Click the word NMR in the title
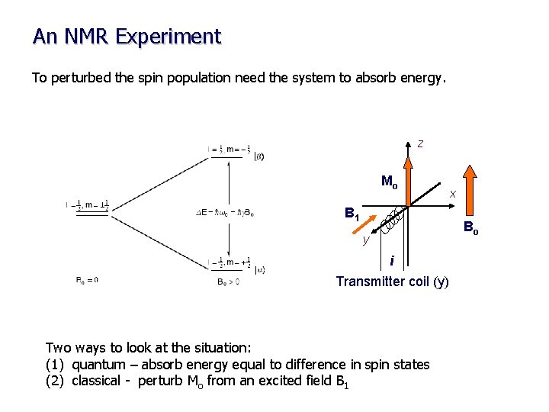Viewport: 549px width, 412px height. pyautogui.click(x=95, y=36)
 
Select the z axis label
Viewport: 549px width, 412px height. pyautogui.click(x=420, y=143)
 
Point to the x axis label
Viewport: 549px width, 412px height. pyautogui.click(x=452, y=195)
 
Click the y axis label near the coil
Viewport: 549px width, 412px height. pyautogui.click(x=365, y=240)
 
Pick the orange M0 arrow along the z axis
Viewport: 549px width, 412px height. pyautogui.click(x=409, y=175)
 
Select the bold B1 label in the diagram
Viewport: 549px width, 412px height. pyautogui.click(x=352, y=214)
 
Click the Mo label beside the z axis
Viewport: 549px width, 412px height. pyautogui.click(x=389, y=182)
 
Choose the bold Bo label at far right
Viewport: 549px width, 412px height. pyautogui.click(x=470, y=228)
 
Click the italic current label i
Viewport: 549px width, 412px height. pyautogui.click(x=392, y=261)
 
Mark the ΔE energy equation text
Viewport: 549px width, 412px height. pyautogui.click(x=224, y=213)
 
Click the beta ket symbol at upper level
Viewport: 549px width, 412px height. pyautogui.click(x=260, y=156)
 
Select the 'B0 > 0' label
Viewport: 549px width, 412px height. pyautogui.click(x=229, y=281)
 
